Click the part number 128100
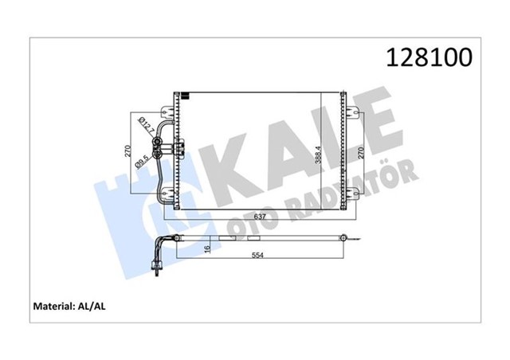[429, 57]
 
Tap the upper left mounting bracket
[168, 109]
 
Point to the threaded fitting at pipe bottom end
[158, 275]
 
